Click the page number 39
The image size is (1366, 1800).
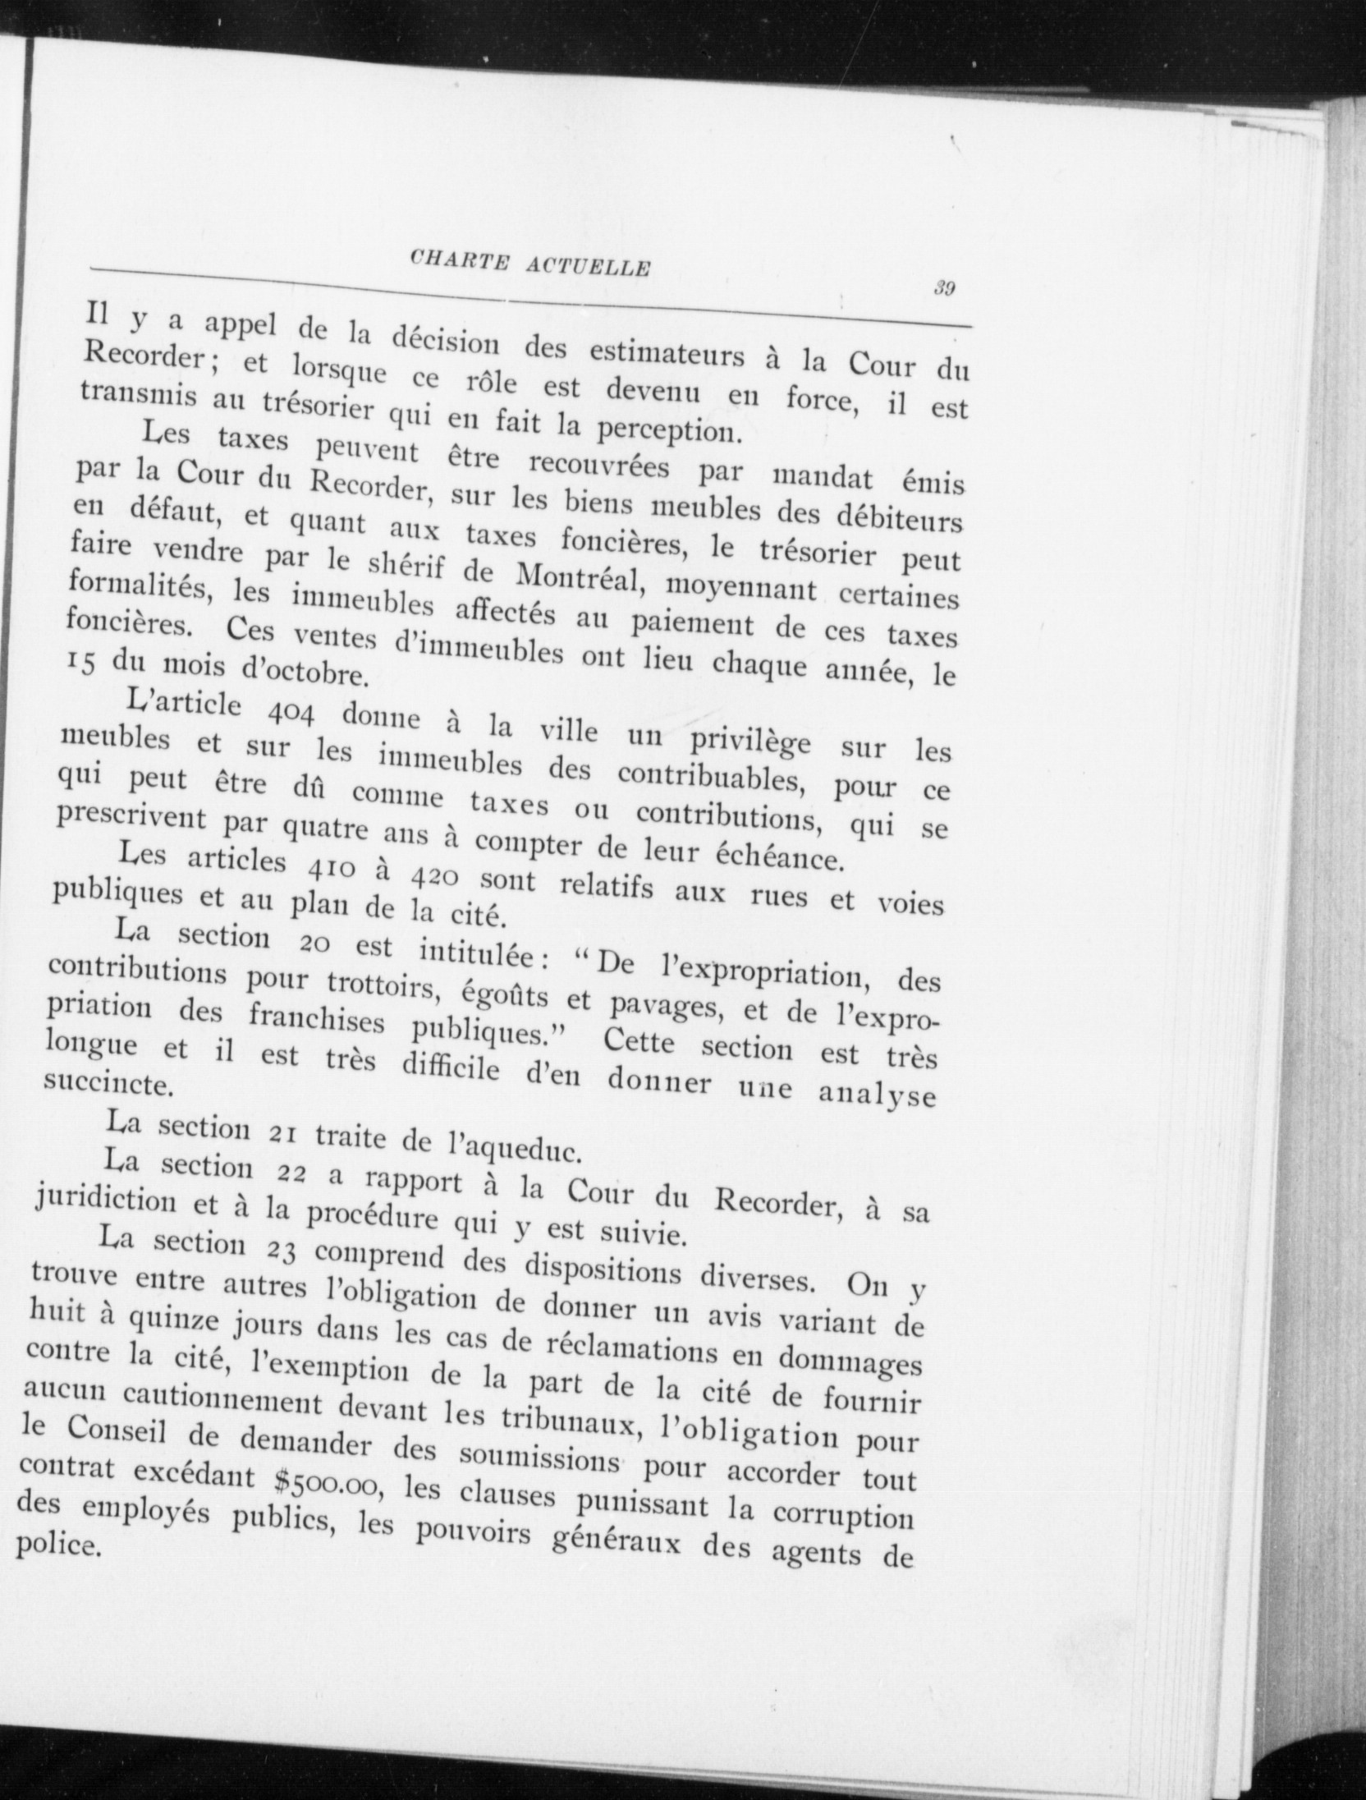942,288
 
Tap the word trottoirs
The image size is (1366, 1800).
378,985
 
